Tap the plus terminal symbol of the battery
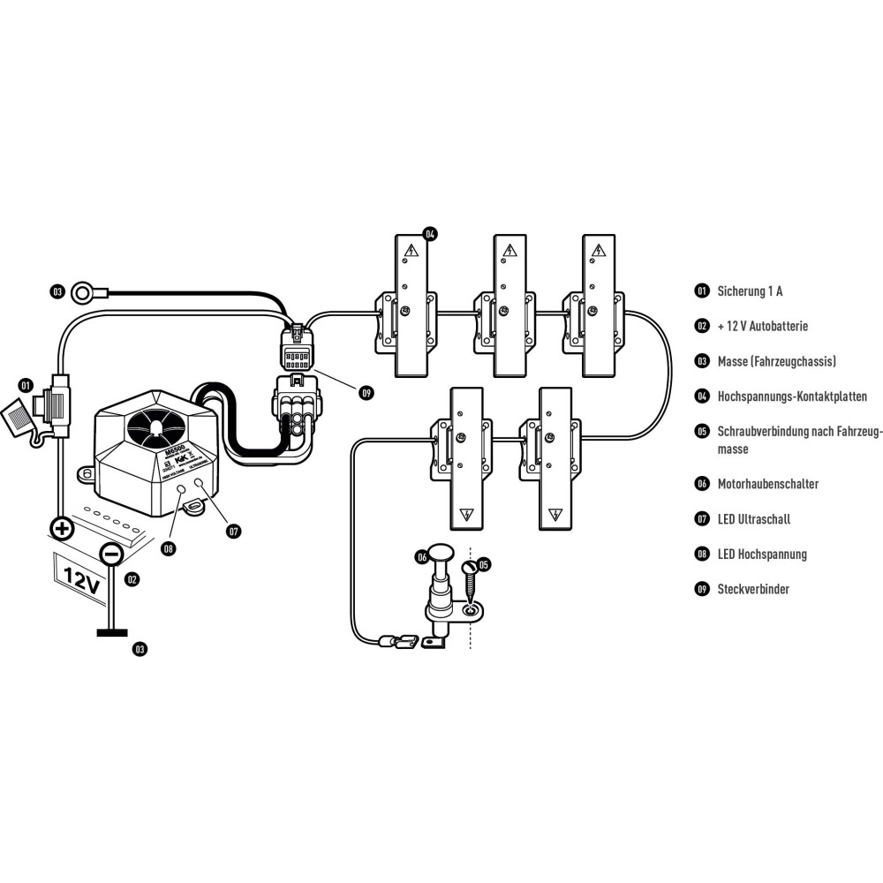61,530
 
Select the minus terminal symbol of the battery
111,555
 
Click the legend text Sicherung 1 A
751,291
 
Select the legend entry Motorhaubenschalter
767,484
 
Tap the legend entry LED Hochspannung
762,555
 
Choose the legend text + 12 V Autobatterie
762,326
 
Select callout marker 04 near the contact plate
430,235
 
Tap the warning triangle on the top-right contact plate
599,252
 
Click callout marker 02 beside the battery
132,580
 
